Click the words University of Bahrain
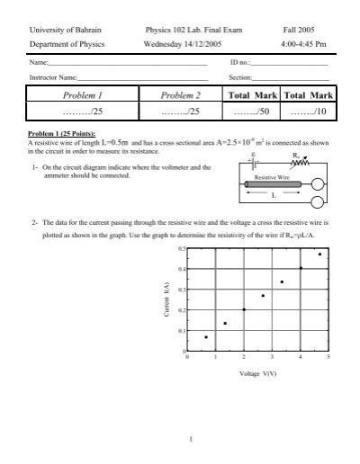[61, 31]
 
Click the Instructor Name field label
[52, 76]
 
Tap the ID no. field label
[239, 63]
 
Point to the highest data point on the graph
[319, 254]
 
